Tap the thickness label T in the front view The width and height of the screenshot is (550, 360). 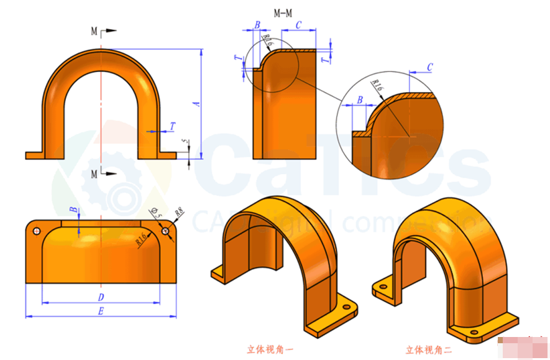coord(172,126)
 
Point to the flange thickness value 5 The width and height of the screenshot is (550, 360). coord(184,144)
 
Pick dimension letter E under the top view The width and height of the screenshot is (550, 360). coord(100,311)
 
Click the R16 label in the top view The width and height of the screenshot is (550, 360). coord(141,238)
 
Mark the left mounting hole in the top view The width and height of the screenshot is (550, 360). coord(36,231)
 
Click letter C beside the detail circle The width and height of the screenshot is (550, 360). coord(429,67)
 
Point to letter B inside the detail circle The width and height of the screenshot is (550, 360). coord(360,100)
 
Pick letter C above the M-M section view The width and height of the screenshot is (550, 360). coord(299,25)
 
